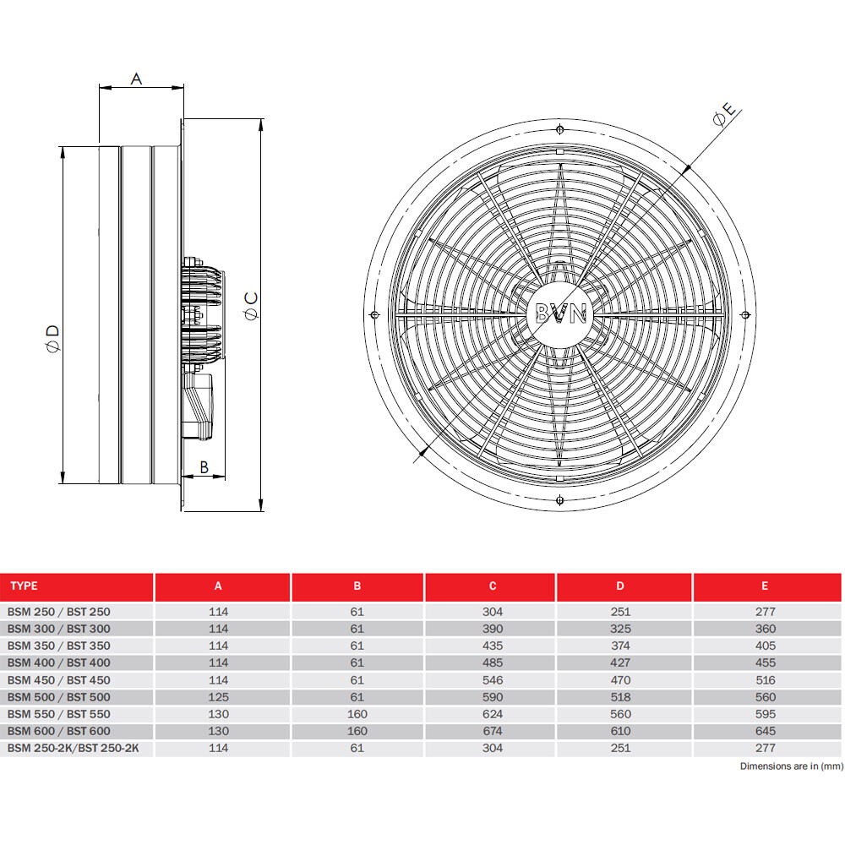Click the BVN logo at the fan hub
click(x=560, y=314)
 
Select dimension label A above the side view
click(x=137, y=79)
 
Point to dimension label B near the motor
click(x=204, y=466)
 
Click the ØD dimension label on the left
click(x=52, y=340)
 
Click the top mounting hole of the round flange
click(x=560, y=129)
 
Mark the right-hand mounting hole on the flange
click(x=745, y=314)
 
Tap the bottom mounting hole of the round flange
click(x=560, y=500)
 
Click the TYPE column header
click(x=25, y=586)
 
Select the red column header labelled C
click(x=493, y=586)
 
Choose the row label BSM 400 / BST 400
click(x=59, y=663)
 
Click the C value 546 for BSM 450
click(x=493, y=680)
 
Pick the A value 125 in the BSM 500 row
click(x=219, y=697)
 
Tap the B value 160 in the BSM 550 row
click(x=357, y=714)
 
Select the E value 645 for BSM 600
click(x=765, y=731)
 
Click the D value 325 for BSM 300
click(x=621, y=629)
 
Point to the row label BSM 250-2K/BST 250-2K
click(x=74, y=748)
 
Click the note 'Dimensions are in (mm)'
click(x=791, y=766)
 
